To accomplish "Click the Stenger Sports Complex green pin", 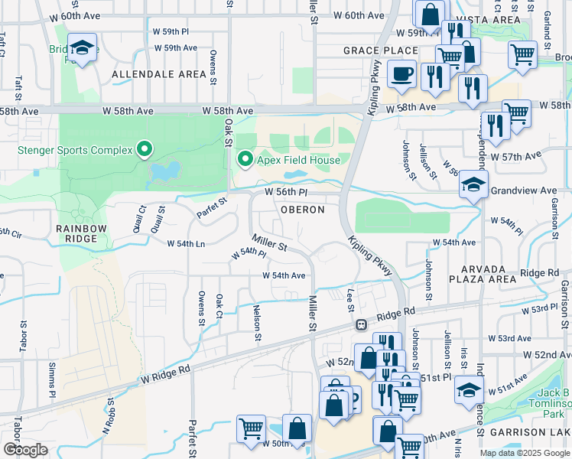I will [145, 148].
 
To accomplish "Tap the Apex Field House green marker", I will [245, 159].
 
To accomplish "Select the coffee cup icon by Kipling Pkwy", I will [401, 74].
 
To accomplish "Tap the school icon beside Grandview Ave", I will [473, 186].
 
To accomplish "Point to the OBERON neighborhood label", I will [302, 210].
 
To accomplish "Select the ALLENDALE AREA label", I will [159, 74].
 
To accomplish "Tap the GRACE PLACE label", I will [370, 50].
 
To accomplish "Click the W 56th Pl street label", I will [285, 192].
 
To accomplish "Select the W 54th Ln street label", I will [186, 243].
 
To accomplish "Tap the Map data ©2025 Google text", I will [524, 453].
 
